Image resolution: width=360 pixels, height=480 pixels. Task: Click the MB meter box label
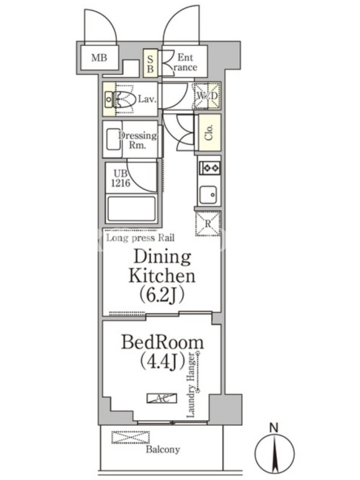[x=99, y=57]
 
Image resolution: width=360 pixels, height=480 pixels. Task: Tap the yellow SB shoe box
[x=151, y=63]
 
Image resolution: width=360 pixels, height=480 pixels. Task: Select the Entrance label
[x=185, y=62]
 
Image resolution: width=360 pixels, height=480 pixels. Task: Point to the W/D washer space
[x=206, y=95]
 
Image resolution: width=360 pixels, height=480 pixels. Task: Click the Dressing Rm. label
[x=137, y=140]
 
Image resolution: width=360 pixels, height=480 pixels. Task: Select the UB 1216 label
[x=121, y=178]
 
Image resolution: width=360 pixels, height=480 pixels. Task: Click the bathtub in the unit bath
[x=131, y=209]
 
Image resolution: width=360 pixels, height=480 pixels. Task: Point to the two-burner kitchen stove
[x=209, y=168]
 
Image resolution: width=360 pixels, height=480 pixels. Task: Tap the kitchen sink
[x=208, y=194]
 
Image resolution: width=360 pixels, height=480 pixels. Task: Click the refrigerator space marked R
[x=208, y=223]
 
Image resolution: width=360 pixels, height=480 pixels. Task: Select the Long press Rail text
[x=140, y=238]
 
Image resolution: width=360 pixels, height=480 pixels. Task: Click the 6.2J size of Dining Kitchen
[x=162, y=295]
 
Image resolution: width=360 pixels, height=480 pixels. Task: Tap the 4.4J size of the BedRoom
[x=162, y=361]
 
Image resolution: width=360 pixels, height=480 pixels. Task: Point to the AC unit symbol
[x=162, y=398]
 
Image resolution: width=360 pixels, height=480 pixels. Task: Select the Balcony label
[x=163, y=449]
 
